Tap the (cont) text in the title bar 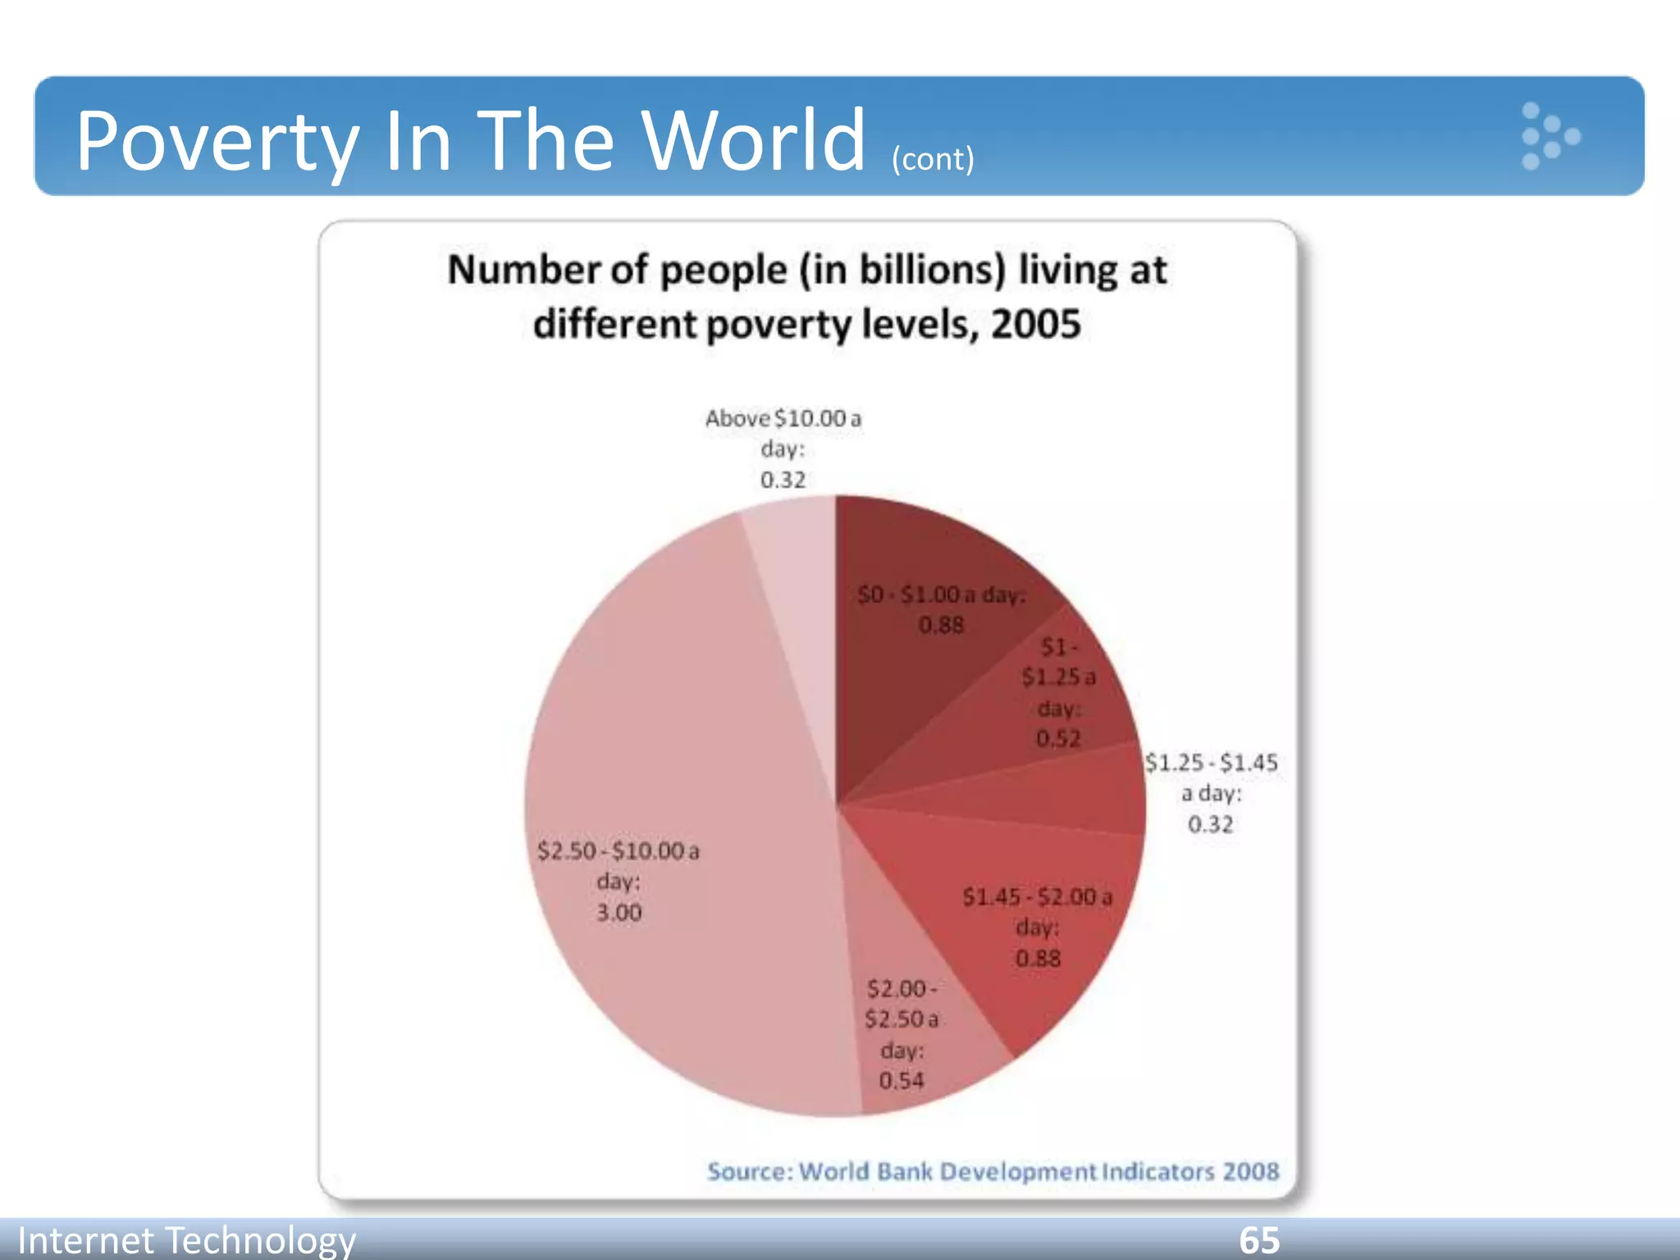click(933, 159)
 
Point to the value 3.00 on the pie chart click(619, 912)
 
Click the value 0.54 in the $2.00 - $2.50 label click(901, 1080)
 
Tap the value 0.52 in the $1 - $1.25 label click(1057, 738)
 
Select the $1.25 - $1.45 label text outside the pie click(1211, 763)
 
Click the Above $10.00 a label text click(783, 418)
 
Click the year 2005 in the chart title click(1035, 324)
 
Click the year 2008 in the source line click(1250, 1171)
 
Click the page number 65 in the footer click(1258, 1239)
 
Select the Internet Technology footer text click(186, 1239)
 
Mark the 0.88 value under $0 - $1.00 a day click(941, 625)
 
